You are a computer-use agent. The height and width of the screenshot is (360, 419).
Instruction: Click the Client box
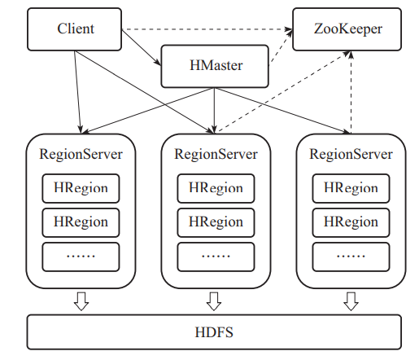76,29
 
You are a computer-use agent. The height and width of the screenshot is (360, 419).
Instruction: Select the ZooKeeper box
347,29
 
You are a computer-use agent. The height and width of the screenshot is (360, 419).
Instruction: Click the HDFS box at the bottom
214,333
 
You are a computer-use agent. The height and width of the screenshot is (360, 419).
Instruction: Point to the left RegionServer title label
81,153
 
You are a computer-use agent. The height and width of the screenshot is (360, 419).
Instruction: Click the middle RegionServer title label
216,153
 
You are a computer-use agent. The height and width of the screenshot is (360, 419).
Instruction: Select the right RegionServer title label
351,153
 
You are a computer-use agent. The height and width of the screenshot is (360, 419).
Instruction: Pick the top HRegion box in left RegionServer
81,188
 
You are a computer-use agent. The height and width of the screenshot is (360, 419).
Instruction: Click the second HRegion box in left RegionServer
81,222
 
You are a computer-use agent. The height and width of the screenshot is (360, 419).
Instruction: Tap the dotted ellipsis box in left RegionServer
81,256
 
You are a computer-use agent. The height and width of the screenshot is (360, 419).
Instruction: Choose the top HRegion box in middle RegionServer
216,188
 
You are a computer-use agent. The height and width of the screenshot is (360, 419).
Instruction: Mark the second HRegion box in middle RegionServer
216,222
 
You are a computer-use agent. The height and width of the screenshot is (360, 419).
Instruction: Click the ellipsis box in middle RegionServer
216,256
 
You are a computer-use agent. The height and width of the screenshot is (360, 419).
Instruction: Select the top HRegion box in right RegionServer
351,188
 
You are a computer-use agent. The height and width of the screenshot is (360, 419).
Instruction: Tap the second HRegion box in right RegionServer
351,222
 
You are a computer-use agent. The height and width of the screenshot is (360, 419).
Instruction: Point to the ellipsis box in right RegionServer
351,256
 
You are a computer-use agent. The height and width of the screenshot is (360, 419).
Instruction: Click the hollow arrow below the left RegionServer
81,301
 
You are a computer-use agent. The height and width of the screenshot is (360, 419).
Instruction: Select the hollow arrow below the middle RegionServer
215,301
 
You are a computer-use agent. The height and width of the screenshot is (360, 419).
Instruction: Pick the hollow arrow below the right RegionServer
351,301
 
